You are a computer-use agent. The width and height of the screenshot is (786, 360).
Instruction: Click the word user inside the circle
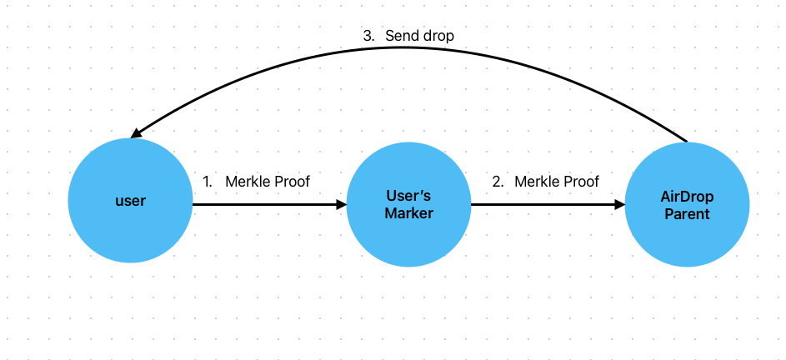[130, 201]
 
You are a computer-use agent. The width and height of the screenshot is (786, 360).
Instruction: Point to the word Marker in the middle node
[408, 213]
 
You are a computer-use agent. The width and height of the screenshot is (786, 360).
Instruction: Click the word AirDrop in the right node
[687, 197]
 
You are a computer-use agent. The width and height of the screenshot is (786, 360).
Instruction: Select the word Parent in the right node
[687, 214]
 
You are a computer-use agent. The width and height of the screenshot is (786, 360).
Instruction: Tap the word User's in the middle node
[408, 197]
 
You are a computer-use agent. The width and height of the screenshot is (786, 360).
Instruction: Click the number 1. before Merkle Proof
[208, 181]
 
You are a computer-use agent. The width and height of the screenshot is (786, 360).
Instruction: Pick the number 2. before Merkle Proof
[498, 181]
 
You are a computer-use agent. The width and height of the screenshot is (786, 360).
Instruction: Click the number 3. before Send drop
[368, 36]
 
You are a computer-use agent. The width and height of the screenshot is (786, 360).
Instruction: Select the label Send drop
[419, 36]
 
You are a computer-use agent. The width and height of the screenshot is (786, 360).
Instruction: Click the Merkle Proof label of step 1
[268, 181]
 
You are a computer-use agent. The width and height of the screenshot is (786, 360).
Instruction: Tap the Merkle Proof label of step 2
[557, 181]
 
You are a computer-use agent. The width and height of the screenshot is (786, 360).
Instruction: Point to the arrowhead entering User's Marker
[342, 204]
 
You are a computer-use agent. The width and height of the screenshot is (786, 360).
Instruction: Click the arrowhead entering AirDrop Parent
[620, 204]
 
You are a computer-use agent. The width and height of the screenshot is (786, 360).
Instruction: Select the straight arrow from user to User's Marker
[267, 204]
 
